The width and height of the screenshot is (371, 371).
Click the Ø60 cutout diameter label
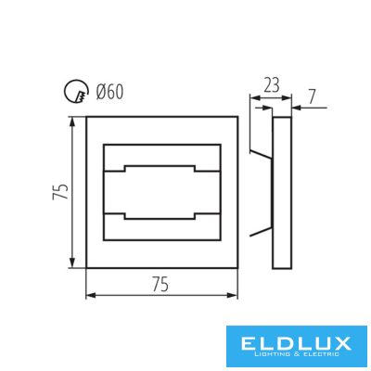point(109,92)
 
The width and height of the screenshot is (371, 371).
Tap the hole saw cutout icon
point(76,92)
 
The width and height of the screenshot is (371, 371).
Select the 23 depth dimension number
point(272,85)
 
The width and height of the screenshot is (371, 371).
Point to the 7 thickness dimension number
point(312,97)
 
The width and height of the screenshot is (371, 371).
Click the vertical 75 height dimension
point(60,192)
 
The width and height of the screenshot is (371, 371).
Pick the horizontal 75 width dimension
point(160,284)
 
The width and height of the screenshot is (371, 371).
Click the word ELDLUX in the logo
point(296,343)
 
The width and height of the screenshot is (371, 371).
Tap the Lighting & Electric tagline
point(296,354)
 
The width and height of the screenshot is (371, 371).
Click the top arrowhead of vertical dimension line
point(72,122)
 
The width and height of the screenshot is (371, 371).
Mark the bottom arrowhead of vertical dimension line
point(72,262)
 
